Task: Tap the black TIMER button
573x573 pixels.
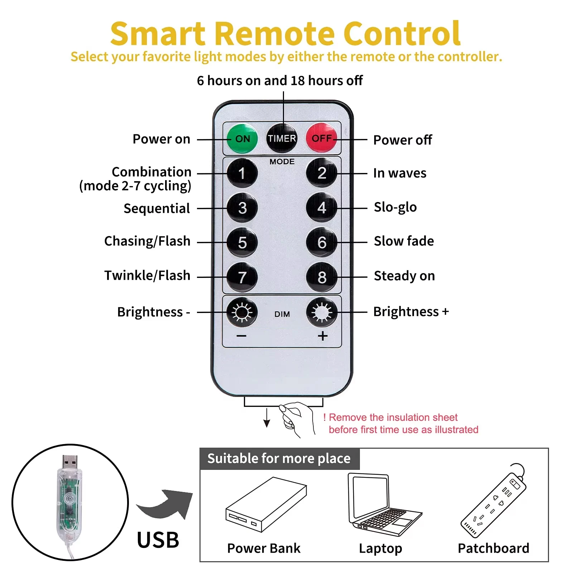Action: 282,138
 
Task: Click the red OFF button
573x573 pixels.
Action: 321,138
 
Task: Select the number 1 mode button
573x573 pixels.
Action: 242,173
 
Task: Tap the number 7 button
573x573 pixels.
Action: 242,277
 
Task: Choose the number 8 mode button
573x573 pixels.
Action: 322,277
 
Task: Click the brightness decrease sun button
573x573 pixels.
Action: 242,312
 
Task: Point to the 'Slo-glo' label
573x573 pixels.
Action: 395,207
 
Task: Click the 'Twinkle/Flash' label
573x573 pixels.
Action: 147,275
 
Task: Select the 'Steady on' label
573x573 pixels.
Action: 404,276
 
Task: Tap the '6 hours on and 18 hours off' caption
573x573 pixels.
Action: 280,81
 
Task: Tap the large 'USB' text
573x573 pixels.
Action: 158,540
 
